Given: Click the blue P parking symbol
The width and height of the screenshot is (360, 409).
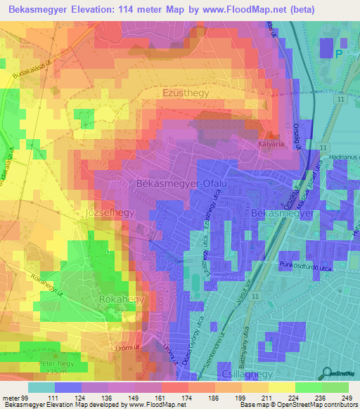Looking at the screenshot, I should click(x=340, y=53).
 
